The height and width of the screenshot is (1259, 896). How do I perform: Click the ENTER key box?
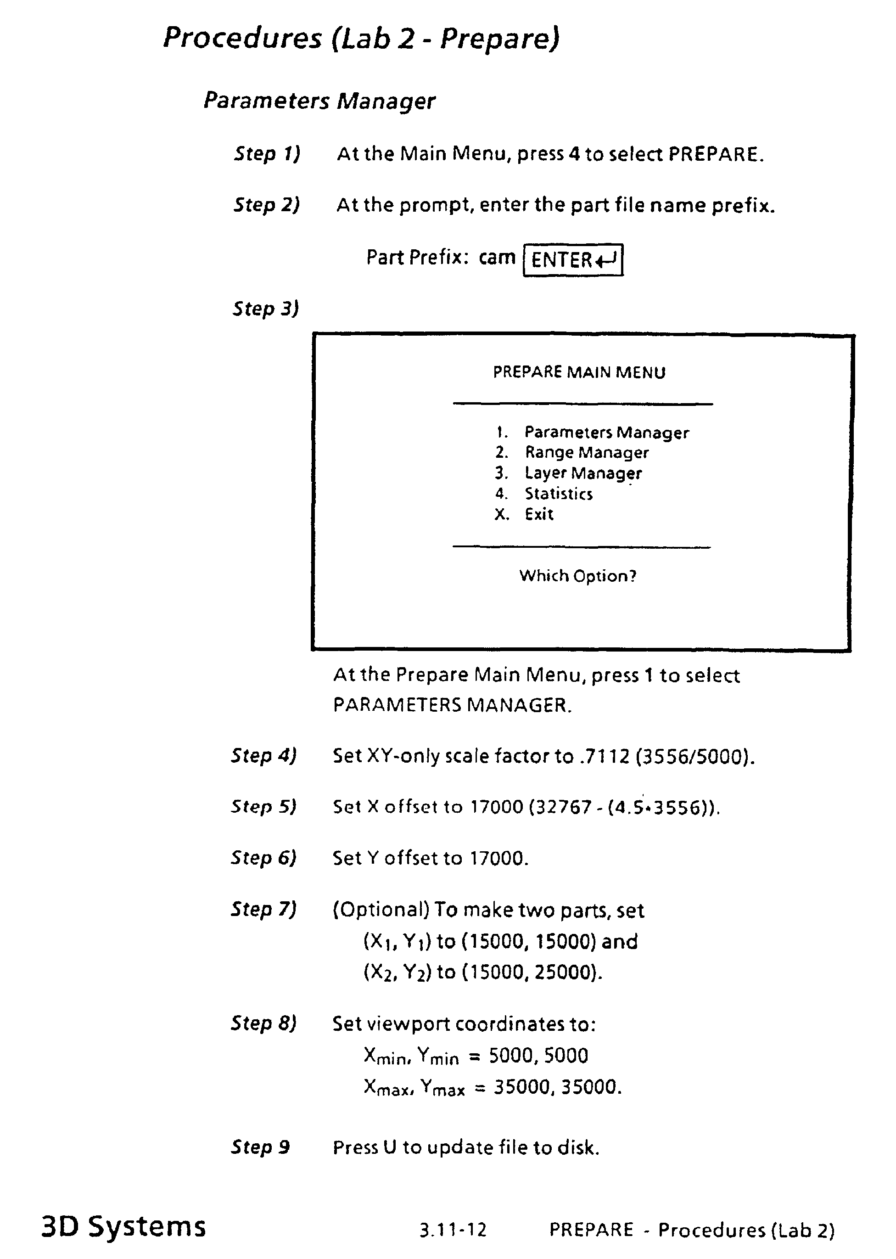click(x=573, y=259)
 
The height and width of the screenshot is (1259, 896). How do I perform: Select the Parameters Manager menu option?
click(x=606, y=432)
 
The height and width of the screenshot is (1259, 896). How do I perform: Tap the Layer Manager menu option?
click(x=582, y=473)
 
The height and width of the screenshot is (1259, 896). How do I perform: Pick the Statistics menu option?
click(x=558, y=494)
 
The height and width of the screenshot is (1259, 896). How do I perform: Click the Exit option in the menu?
click(x=538, y=514)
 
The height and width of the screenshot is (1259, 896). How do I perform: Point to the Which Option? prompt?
click(x=577, y=576)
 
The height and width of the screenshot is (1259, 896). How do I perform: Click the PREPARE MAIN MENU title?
click(x=579, y=372)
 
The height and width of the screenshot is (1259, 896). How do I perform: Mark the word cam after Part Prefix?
click(x=497, y=257)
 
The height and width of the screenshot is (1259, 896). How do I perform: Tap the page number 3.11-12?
click(x=453, y=1229)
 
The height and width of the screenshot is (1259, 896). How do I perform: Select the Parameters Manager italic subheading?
click(x=319, y=101)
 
